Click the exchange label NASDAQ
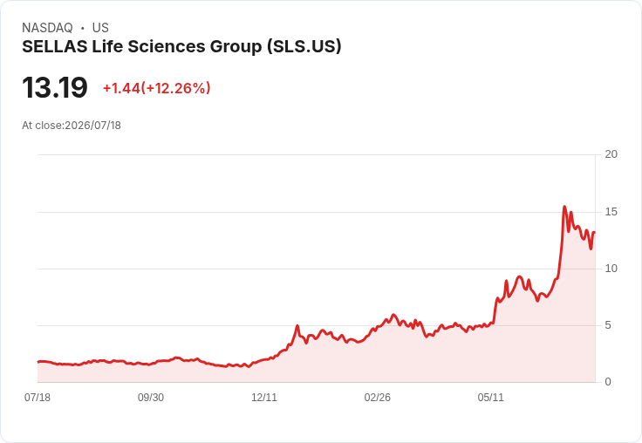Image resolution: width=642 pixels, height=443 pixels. point(47,28)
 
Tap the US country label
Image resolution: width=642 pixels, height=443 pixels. point(100,28)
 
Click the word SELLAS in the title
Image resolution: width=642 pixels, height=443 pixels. point(54,46)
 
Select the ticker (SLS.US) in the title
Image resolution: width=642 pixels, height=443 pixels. point(304,47)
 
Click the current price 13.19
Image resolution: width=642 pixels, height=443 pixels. point(55,87)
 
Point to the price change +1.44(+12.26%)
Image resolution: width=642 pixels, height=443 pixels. point(156,88)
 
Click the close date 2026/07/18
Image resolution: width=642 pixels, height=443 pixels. point(93,126)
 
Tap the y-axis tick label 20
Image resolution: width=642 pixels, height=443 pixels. point(611,154)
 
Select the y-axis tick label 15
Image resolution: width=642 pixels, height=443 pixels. point(611,212)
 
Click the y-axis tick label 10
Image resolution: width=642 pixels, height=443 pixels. point(611,269)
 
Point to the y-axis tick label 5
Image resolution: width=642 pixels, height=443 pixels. point(608,325)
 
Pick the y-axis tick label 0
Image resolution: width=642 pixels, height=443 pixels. point(608,382)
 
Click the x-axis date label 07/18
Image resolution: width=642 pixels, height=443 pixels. point(38,398)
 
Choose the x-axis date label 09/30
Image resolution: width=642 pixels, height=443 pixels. point(151,398)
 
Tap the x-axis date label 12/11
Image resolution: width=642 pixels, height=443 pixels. point(264,398)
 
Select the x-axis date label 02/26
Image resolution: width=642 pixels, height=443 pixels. point(377,398)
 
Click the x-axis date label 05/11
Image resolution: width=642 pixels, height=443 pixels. point(490,398)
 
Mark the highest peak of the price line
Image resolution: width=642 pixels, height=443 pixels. point(564,207)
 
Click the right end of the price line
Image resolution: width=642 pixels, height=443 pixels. point(595,233)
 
